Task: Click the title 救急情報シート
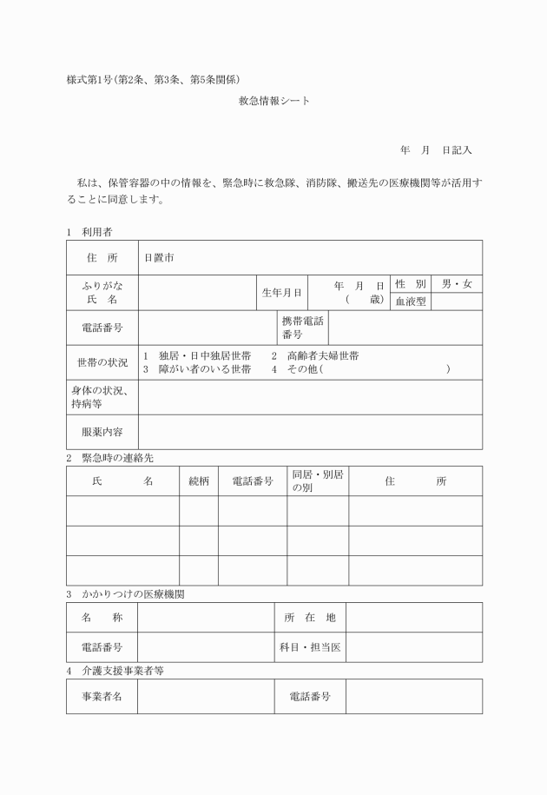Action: [x=273, y=102]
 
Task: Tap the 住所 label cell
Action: [x=102, y=258]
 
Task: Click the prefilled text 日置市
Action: [x=159, y=258]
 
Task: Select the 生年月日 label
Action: [x=282, y=293]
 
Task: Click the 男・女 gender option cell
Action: [x=457, y=284]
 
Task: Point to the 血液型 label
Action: [x=411, y=302]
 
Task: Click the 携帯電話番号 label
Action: [x=302, y=328]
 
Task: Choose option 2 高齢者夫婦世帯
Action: [x=314, y=356]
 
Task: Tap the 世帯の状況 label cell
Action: [x=102, y=362]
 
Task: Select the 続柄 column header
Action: [x=199, y=481]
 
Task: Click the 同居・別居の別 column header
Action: [x=318, y=481]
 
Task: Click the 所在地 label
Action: [x=310, y=618]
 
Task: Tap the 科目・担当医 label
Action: [x=310, y=647]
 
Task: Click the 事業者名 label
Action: [x=102, y=697]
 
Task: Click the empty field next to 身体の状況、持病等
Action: [x=310, y=397]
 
